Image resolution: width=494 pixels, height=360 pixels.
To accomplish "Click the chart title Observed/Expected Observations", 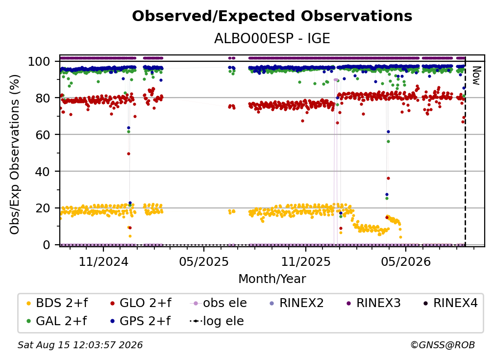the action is [272, 16].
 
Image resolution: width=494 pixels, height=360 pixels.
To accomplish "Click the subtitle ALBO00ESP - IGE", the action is [272, 38].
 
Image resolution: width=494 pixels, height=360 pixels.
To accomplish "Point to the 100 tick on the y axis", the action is [39, 61].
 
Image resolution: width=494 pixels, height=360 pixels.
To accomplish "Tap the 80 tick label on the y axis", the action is [43, 98].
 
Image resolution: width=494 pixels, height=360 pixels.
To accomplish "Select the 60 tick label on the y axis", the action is [43, 134].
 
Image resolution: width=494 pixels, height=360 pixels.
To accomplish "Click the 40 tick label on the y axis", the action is [43, 172].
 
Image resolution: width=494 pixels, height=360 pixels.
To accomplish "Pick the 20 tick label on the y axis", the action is [43, 208].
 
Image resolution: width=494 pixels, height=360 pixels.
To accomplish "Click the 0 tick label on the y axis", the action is [47, 245].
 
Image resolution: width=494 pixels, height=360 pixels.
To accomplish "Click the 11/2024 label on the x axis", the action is [103, 261].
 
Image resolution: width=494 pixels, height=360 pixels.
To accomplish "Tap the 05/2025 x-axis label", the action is [204, 261].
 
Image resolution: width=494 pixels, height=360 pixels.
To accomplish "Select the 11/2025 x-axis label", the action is [306, 261].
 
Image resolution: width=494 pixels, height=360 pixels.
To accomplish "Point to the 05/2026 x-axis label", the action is [406, 261].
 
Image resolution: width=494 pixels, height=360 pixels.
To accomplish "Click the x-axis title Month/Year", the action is [272, 279].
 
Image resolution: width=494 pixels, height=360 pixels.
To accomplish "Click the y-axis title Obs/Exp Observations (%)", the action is [15, 154].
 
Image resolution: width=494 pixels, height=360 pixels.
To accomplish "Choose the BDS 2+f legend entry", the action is [57, 303].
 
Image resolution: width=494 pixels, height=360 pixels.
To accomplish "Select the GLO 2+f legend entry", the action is [141, 303].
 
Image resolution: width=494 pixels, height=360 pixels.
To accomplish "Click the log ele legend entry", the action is [217, 321].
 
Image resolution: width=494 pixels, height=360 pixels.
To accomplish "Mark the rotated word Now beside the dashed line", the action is [476, 76].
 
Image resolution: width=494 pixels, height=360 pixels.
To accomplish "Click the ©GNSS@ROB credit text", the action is [443, 345].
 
